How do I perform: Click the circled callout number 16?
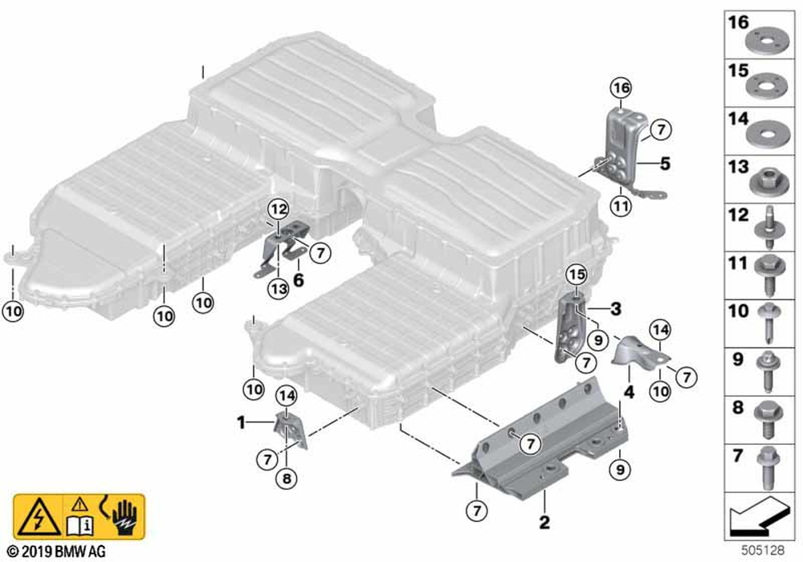[x=621, y=88]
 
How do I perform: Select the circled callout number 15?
[x=577, y=275]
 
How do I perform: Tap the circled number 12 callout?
[x=279, y=209]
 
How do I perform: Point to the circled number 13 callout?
[x=279, y=289]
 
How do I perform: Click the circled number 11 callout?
[x=621, y=206]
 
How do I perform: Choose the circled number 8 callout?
[x=287, y=479]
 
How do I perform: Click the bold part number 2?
[x=544, y=522]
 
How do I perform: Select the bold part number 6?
[x=298, y=280]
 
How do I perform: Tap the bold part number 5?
[x=665, y=164]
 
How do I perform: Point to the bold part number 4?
[x=629, y=392]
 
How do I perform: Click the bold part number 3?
[x=616, y=308]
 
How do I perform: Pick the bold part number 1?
[x=241, y=423]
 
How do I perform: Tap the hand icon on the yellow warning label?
[x=125, y=517]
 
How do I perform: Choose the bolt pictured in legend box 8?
[x=767, y=420]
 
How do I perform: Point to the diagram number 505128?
[x=763, y=551]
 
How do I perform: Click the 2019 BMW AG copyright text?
[x=57, y=552]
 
